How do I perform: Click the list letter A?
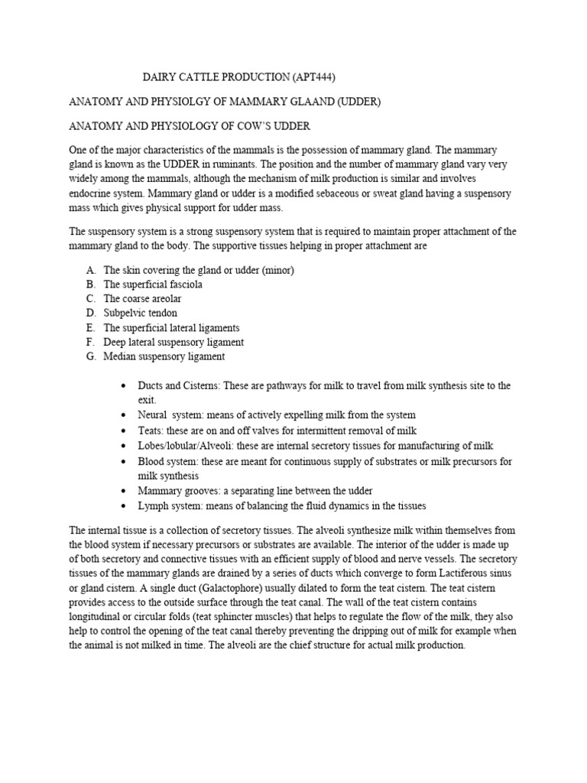90,270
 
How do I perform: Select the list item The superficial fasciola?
153,284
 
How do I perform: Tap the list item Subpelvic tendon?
141,313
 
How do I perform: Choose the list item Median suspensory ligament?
164,356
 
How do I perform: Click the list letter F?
90,342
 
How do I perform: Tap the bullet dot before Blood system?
124,462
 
